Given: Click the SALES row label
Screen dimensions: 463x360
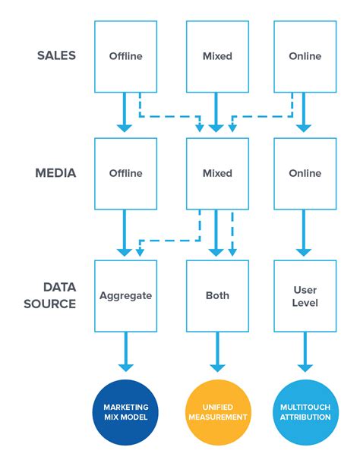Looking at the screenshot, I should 56,56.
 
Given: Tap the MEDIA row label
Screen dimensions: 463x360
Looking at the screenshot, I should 55,173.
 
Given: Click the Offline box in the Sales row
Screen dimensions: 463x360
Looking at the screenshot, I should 125,56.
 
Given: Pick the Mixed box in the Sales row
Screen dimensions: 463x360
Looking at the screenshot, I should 217,56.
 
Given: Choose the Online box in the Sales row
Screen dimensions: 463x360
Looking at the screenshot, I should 305,56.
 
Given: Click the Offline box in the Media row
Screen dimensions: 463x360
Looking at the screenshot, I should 125,173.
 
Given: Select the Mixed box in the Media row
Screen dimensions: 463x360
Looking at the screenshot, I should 217,173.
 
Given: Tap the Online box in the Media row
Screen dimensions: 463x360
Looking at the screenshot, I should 305,173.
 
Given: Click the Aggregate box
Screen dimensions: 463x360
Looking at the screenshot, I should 125,296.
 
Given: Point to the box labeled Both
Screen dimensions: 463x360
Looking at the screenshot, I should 217,296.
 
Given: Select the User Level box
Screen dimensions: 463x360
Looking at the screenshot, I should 305,296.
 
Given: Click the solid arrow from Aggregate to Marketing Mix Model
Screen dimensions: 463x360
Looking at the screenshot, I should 125,353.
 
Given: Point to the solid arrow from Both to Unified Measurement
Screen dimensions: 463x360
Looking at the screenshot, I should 217,353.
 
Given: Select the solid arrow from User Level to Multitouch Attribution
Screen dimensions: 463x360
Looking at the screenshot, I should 305,353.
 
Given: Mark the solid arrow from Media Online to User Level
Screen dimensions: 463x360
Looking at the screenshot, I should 305,234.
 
